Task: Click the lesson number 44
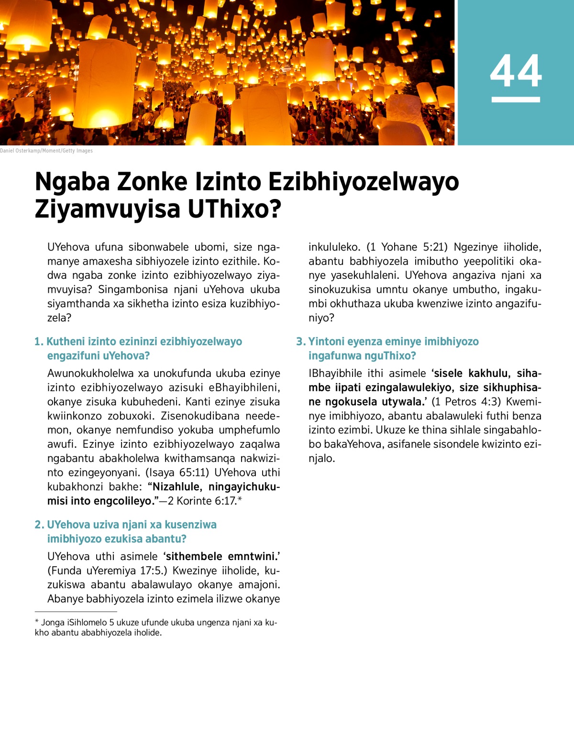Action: (x=516, y=71)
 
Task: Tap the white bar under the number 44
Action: (x=516, y=99)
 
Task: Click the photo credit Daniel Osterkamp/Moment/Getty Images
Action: (x=46, y=151)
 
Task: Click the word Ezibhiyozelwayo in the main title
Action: (x=363, y=182)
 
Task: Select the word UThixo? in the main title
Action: (x=234, y=209)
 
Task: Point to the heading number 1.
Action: (x=39, y=341)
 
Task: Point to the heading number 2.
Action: (x=39, y=525)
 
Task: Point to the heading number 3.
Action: (x=300, y=341)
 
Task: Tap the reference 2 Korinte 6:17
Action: (x=206, y=501)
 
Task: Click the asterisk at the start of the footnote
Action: (x=37, y=622)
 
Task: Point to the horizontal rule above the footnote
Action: (x=76, y=611)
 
